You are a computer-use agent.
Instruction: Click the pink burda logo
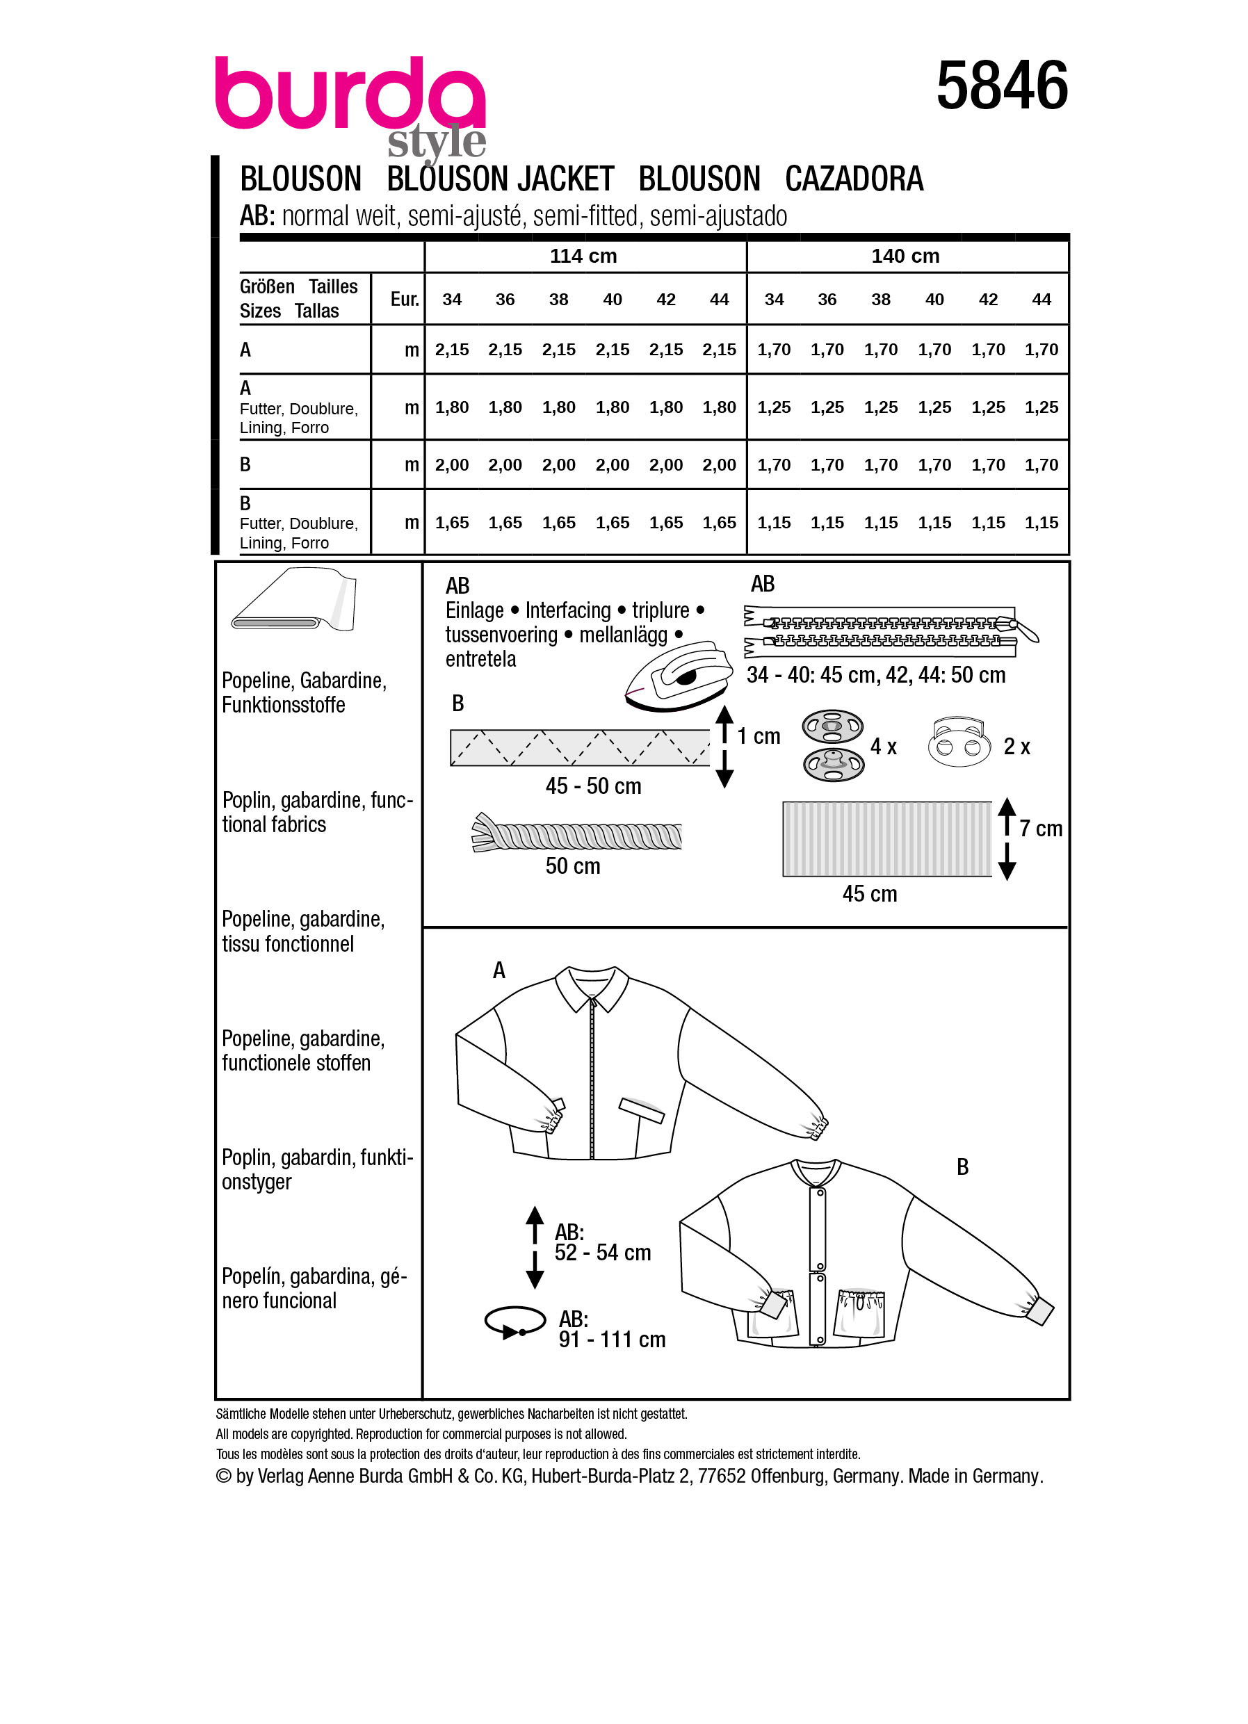tap(350, 95)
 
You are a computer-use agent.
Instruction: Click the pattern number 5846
tap(1001, 87)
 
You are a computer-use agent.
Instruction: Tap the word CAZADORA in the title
tap(854, 179)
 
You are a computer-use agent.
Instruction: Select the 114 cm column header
tap(583, 257)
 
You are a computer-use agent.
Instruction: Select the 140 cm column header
tap(905, 257)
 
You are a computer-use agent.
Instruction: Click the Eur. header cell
tap(405, 300)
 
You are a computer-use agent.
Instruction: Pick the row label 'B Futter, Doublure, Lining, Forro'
tap(298, 523)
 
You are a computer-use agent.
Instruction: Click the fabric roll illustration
tap(294, 601)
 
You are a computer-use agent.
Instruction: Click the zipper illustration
tap(889, 632)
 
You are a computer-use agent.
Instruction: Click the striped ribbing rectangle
tap(886, 839)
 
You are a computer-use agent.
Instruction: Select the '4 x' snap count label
tap(882, 747)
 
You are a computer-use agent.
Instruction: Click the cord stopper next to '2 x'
tap(958, 741)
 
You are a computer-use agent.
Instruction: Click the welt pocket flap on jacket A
tap(642, 1111)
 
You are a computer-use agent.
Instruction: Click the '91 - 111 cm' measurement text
tap(612, 1340)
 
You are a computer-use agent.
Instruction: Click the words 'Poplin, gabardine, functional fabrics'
tap(316, 812)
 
